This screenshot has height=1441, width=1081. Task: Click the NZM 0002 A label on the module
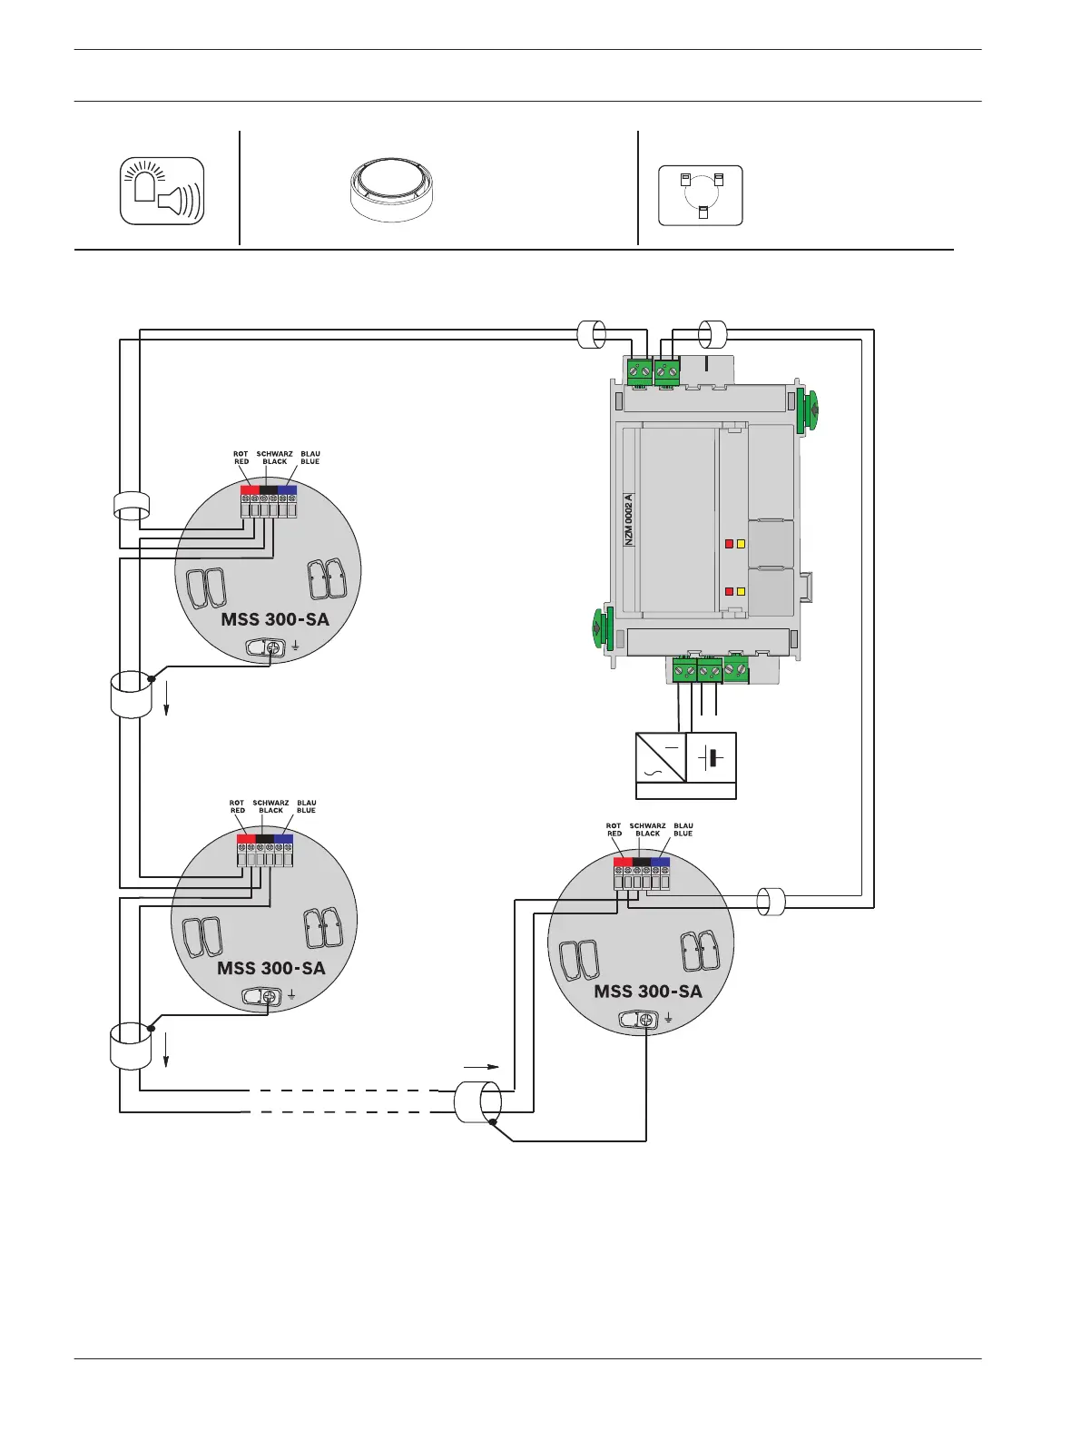click(x=629, y=518)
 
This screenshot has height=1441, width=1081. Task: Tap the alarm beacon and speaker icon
click(x=162, y=192)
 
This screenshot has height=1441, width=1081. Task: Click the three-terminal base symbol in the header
click(x=701, y=194)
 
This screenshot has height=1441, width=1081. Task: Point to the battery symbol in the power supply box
click(x=712, y=757)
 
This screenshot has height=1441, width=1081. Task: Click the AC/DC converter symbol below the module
click(x=661, y=757)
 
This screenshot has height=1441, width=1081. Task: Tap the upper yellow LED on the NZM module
click(x=742, y=544)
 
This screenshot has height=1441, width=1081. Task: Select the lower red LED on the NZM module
click(x=729, y=591)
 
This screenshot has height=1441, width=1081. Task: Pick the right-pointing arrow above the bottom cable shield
click(x=481, y=1066)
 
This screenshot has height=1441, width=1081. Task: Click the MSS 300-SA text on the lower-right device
click(x=648, y=991)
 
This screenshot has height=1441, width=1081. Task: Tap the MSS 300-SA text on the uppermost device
click(x=275, y=619)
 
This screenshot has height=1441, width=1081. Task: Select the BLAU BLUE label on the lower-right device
click(x=683, y=830)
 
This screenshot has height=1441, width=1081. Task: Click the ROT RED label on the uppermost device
click(x=241, y=458)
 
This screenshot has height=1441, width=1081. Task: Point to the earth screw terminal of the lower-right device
click(x=646, y=1020)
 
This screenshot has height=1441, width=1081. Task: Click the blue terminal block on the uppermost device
click(x=288, y=490)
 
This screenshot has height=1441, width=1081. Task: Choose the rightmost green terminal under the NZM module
click(x=736, y=671)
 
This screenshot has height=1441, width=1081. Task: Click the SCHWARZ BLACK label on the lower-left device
click(x=270, y=806)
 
